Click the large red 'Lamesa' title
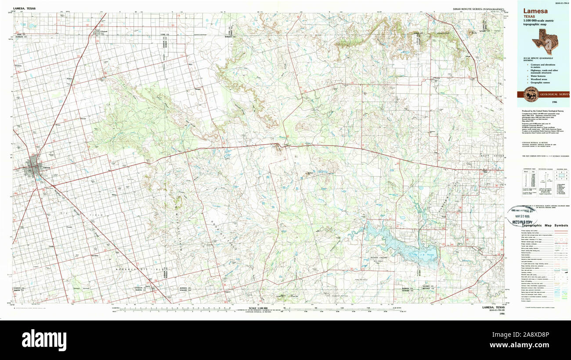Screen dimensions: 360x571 (x=535, y=10)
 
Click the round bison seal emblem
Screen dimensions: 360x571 (x=530, y=94)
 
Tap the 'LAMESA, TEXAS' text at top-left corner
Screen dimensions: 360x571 (x=25, y=8)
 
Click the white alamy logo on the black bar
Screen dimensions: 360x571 (x=44, y=340)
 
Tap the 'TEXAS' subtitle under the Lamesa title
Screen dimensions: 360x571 (x=530, y=16)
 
